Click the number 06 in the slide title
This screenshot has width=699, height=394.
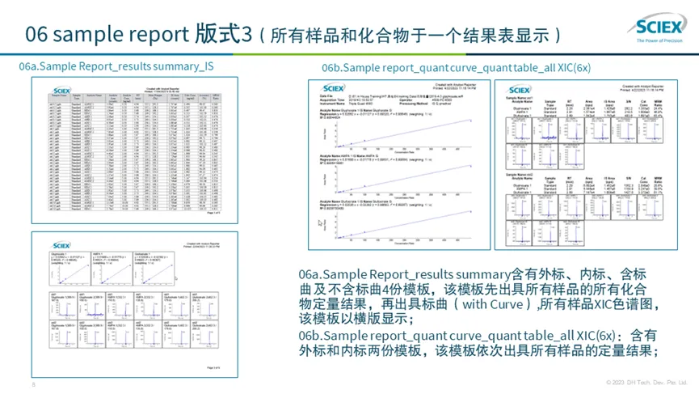[40, 34]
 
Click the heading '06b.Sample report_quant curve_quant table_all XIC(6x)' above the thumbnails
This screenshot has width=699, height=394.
[456, 68]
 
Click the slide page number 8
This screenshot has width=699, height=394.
[33, 383]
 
